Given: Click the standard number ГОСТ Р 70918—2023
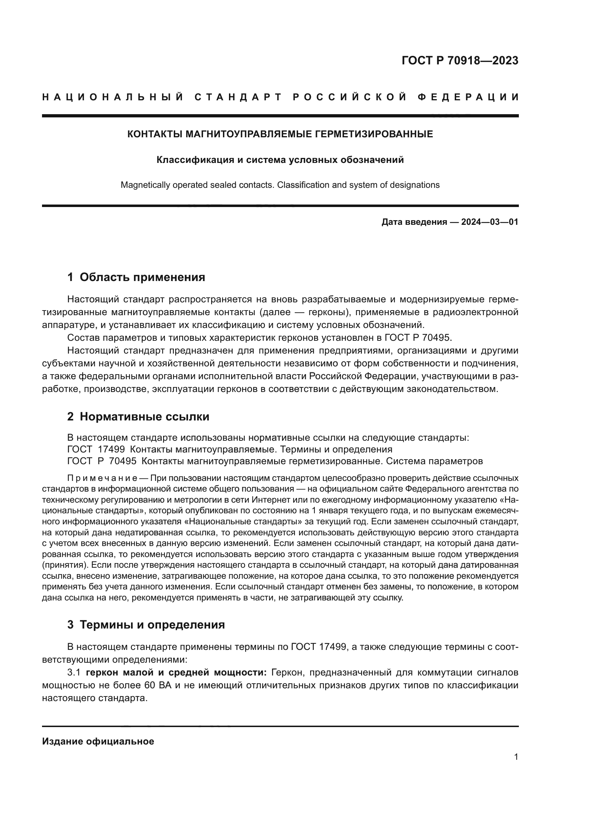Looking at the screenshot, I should (x=459, y=60).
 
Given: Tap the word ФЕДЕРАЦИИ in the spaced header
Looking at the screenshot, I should (x=468, y=97).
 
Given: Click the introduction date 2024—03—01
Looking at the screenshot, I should (x=489, y=222).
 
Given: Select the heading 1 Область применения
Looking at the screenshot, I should (x=136, y=277).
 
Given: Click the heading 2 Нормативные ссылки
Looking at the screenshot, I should (x=138, y=417).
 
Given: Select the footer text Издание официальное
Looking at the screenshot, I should (x=98, y=741).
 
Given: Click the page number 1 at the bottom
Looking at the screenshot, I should (x=516, y=757).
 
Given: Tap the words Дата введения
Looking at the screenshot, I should (x=414, y=222).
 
